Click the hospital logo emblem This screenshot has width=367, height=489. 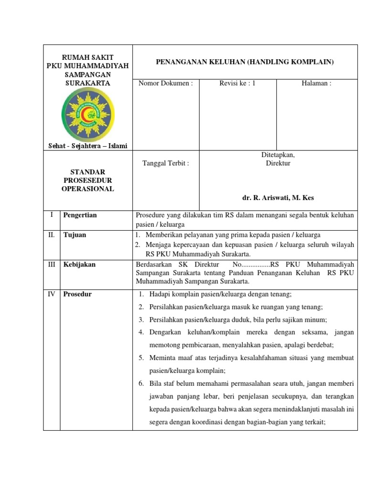[x=87, y=115]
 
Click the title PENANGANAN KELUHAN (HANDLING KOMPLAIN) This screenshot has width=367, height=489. [x=245, y=62]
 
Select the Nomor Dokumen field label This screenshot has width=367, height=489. [x=165, y=83]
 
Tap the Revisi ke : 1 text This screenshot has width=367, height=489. [x=237, y=83]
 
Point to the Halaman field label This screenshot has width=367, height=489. [x=316, y=83]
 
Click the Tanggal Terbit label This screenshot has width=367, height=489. [x=165, y=163]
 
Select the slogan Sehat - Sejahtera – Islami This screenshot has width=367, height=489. [x=87, y=146]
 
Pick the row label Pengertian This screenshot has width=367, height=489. [x=80, y=215]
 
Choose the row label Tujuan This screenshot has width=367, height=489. [x=75, y=235]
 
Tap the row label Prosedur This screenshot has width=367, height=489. [x=77, y=294]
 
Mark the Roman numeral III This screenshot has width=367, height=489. [x=52, y=264]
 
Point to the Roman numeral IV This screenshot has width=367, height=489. [x=52, y=294]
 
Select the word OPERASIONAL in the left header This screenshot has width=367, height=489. [x=87, y=189]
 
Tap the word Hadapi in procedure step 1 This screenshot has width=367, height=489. [x=160, y=294]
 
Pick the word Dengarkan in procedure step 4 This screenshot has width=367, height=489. [x=166, y=332]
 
